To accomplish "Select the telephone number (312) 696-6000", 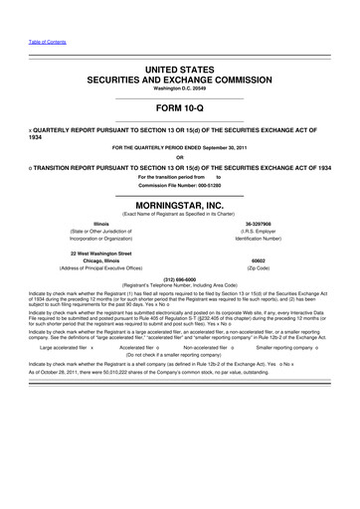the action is point(180,279).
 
